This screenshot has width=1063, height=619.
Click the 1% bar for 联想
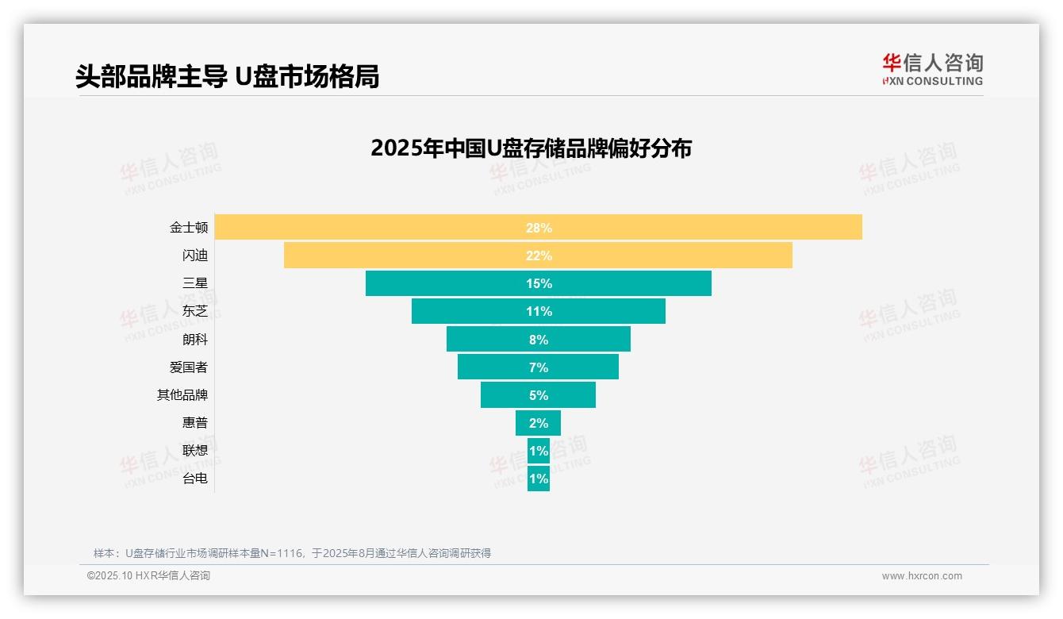coord(539,451)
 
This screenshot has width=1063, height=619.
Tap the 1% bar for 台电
coord(539,479)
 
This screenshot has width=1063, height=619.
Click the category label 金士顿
coord(189,228)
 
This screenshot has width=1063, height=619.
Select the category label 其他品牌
coord(182,395)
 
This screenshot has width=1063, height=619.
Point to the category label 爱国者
coord(189,367)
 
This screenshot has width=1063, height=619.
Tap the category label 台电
coord(195,479)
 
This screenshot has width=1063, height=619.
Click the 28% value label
coord(539,228)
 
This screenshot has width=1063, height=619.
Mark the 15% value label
coord(539,283)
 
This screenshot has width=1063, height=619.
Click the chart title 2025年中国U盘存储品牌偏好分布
coord(531,148)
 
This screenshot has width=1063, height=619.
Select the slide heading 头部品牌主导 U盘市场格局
coord(227,76)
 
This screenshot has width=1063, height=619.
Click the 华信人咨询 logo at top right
coord(932,69)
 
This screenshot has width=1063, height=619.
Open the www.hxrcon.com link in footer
coord(922,576)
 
